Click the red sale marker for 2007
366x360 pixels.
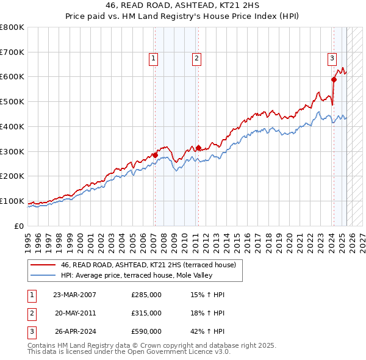(155, 155)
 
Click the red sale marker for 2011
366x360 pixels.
(198, 147)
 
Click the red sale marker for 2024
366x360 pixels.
(334, 79)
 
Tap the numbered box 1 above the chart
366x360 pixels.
(152, 59)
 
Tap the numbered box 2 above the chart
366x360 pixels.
(197, 59)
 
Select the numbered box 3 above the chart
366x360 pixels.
(332, 59)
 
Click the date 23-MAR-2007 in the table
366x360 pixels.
(74, 295)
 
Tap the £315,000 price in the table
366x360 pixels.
(146, 313)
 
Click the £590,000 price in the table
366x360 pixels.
(146, 331)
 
